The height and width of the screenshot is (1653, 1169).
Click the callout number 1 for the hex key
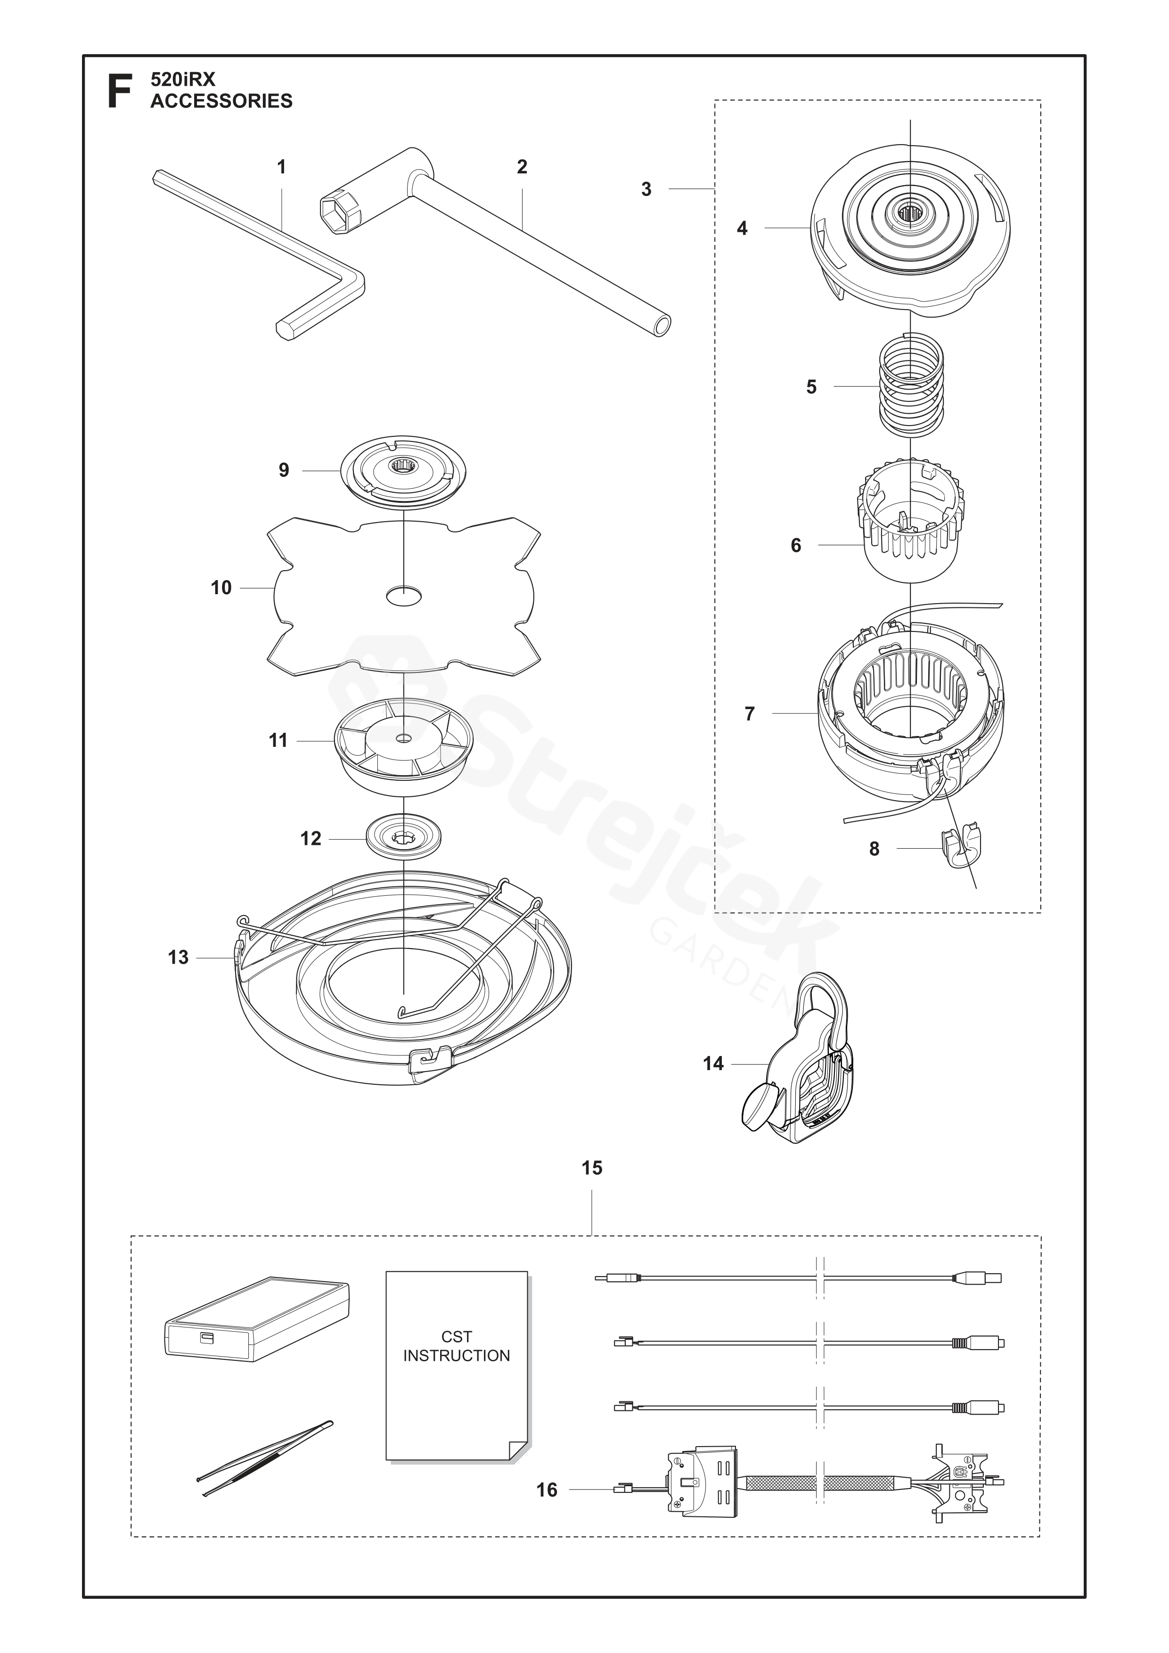(281, 167)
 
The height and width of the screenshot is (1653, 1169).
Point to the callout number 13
(179, 957)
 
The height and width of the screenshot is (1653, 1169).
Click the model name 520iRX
(183, 79)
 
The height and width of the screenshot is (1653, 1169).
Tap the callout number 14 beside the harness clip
(713, 1064)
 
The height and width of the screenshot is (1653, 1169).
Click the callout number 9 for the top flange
(284, 470)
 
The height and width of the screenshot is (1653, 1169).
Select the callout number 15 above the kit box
(592, 1168)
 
